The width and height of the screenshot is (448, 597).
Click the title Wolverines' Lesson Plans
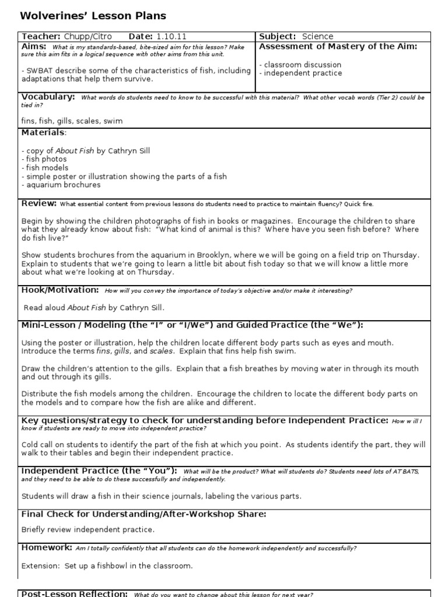click(93, 16)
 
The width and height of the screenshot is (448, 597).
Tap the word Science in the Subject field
click(317, 37)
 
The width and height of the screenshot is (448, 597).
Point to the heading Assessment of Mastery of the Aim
click(338, 47)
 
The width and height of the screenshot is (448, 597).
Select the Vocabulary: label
click(48, 97)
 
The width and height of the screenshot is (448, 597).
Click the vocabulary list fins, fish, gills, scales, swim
click(72, 121)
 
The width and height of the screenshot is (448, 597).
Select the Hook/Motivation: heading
click(60, 290)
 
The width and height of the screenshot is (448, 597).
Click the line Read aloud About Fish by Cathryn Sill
click(94, 308)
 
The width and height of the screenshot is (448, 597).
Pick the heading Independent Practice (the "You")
click(99, 470)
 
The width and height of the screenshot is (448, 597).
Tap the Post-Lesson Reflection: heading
click(74, 593)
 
